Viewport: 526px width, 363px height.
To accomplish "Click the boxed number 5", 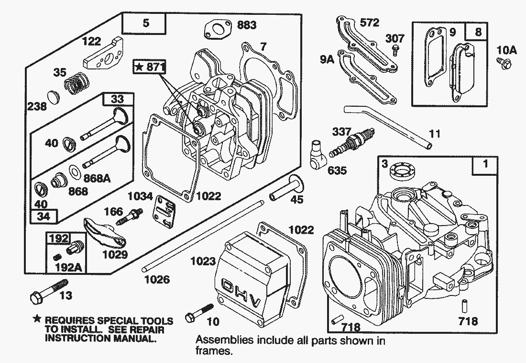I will (x=145, y=22).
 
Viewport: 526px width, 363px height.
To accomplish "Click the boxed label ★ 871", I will (x=149, y=68).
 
